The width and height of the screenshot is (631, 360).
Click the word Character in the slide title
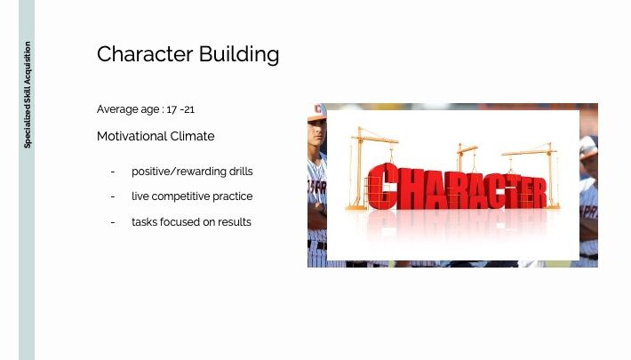click(145, 54)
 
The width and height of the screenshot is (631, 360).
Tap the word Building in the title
click(239, 54)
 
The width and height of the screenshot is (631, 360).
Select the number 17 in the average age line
click(172, 109)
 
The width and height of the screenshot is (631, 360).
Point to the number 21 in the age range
click(188, 109)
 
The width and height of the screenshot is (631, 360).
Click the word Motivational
click(132, 136)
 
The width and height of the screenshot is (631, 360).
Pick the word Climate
click(192, 136)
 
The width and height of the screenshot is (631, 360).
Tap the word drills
click(241, 172)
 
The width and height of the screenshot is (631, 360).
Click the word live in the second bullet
click(140, 196)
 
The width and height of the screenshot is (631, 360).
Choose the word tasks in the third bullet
click(144, 222)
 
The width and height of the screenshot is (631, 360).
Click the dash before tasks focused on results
click(113, 222)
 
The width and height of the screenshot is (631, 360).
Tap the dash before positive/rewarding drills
click(113, 172)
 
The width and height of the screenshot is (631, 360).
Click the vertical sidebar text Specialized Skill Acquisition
click(28, 95)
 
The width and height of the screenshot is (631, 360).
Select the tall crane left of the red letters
click(360, 168)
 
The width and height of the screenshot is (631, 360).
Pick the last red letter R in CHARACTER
click(538, 193)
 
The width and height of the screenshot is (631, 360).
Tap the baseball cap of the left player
click(316, 112)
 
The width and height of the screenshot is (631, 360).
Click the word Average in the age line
click(117, 109)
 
